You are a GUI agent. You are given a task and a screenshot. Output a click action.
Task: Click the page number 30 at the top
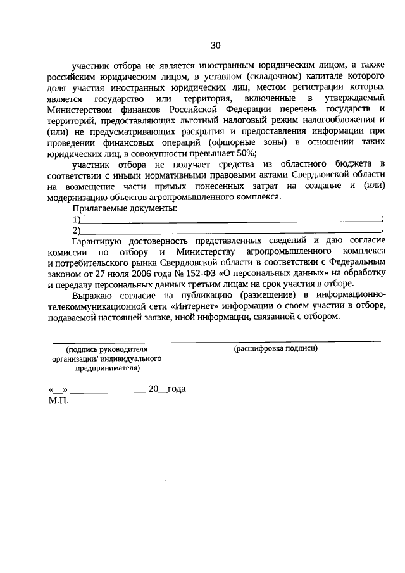[x=216, y=45]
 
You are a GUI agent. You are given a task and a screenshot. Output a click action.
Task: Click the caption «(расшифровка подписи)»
[x=275, y=349]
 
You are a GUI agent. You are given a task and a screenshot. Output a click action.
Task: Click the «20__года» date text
[x=167, y=390]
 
